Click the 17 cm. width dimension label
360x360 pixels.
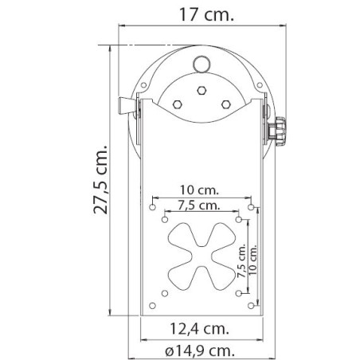pos(202,14)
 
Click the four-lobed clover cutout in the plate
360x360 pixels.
pos(201,255)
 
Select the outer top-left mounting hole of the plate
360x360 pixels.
pos(151,205)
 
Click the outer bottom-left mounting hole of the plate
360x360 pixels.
pos(151,305)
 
